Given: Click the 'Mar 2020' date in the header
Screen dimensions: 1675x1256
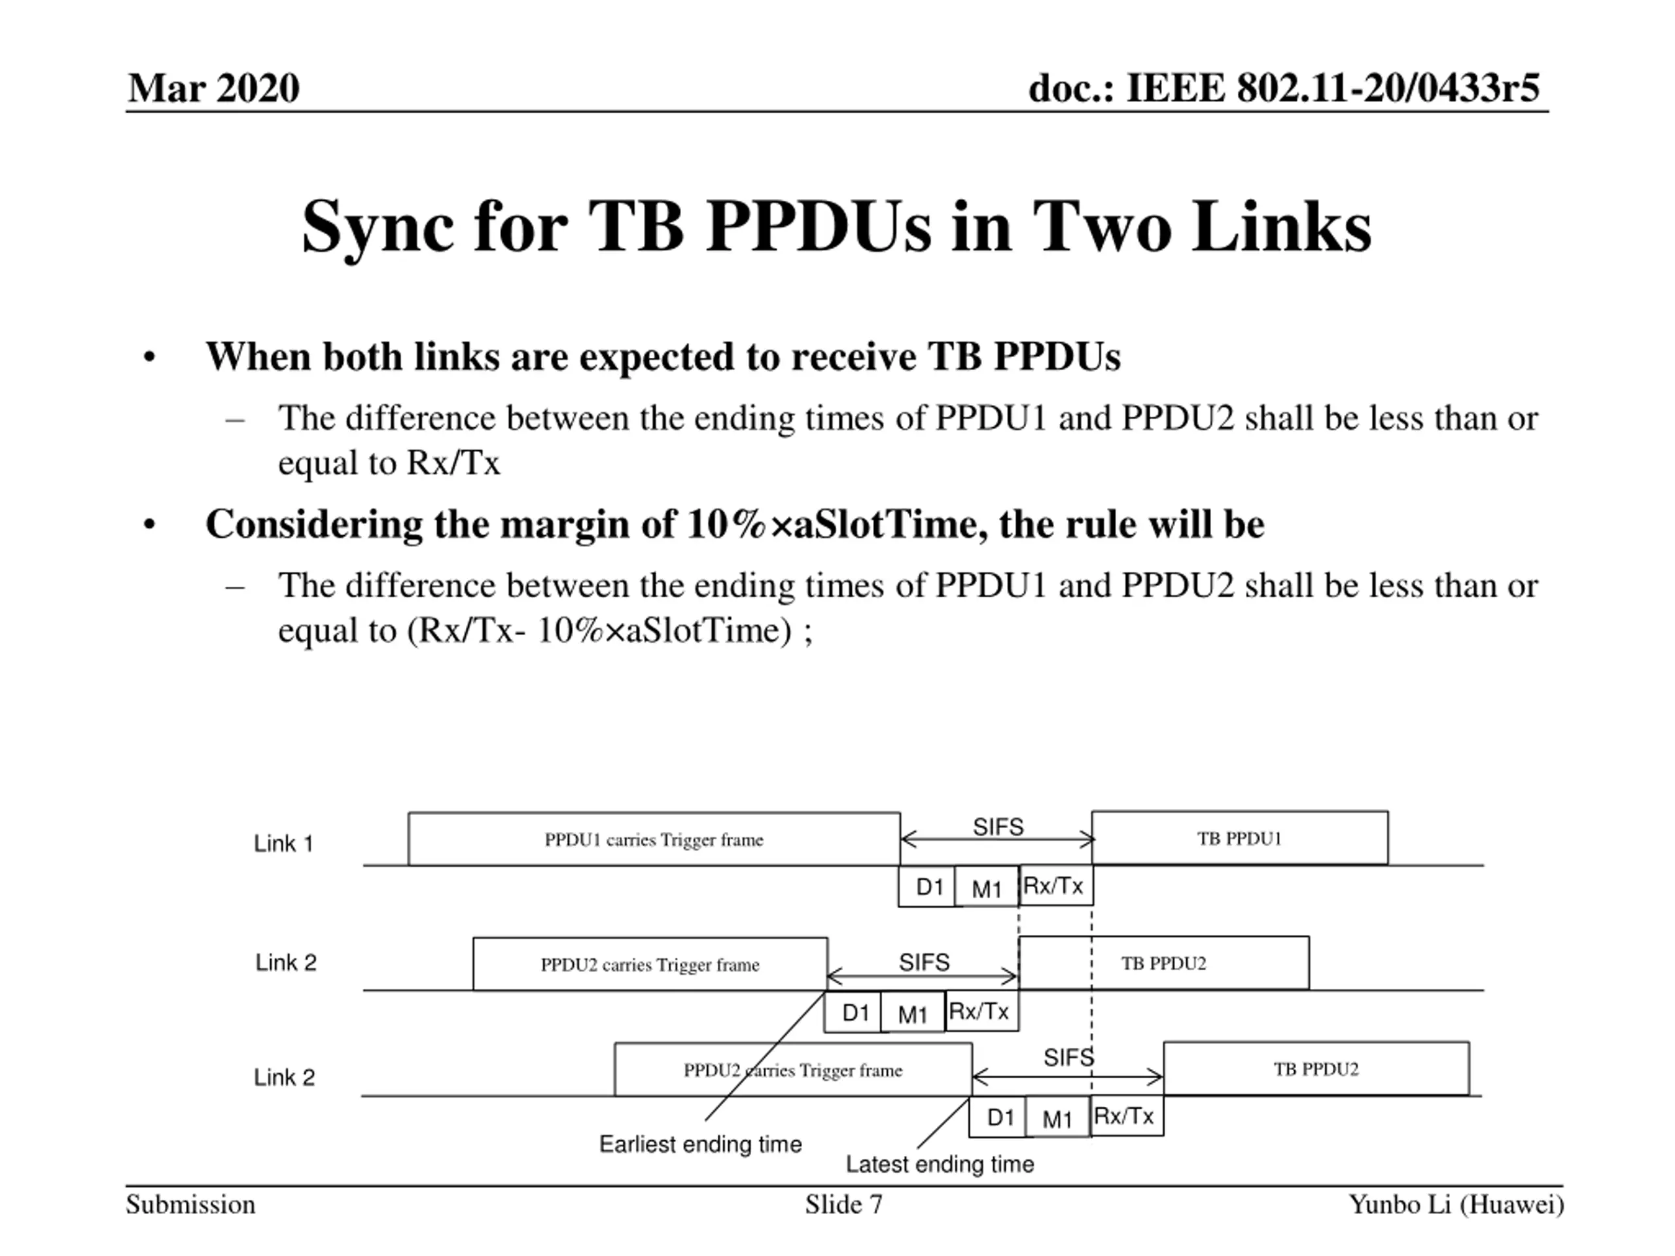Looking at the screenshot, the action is coord(213,88).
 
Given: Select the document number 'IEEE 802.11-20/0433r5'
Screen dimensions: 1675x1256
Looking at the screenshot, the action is coord(1332,88).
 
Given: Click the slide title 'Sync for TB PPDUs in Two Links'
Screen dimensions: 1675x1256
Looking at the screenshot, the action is coord(836,226).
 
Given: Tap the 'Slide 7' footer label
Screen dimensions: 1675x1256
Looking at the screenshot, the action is coord(843,1204).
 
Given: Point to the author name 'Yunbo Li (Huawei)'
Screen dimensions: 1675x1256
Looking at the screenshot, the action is coord(1455,1204).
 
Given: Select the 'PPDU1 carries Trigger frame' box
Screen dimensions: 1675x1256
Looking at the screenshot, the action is coord(654,839).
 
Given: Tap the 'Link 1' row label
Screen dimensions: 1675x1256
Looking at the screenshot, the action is coord(283,843).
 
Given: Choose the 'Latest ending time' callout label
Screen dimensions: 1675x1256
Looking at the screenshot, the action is coord(939,1164).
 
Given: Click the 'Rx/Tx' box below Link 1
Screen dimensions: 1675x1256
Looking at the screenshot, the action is coord(1053,886).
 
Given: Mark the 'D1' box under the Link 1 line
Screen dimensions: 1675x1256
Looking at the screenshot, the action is coord(928,886).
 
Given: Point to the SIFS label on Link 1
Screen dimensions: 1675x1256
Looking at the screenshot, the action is coord(997,827).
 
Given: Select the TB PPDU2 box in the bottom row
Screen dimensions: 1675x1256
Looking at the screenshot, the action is coord(1315,1069).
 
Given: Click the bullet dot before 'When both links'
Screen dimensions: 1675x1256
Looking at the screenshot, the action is coord(149,357).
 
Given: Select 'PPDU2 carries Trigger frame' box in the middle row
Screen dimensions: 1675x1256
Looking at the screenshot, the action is coord(650,964).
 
